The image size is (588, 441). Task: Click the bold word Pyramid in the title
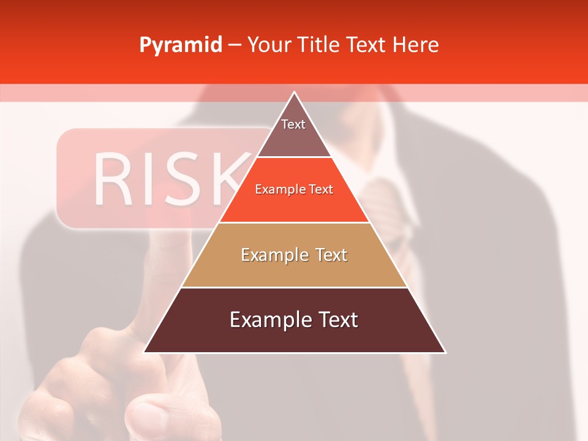click(181, 45)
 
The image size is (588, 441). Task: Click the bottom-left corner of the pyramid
click(145, 352)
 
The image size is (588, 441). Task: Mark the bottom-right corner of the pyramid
click(445, 352)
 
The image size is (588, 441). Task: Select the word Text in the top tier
click(293, 124)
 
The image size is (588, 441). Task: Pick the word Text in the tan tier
click(327, 255)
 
